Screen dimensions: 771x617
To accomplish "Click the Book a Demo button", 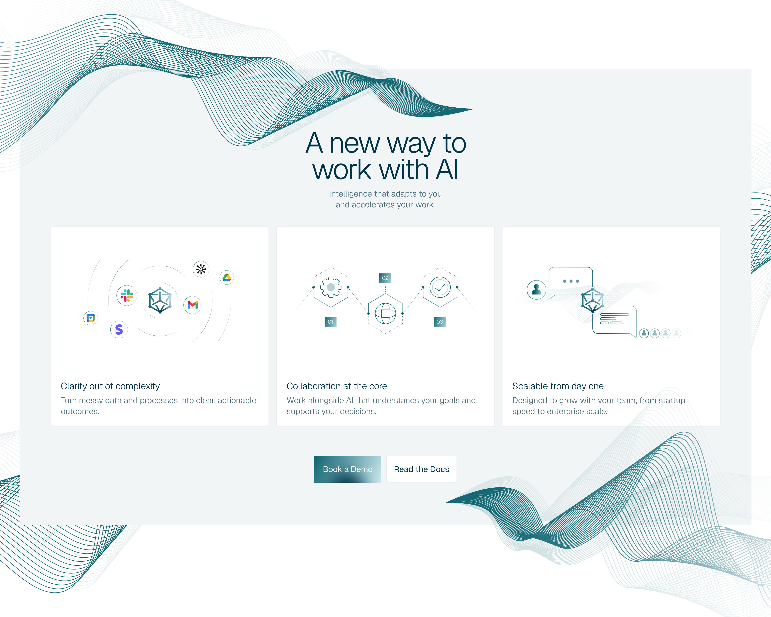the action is click(347, 469).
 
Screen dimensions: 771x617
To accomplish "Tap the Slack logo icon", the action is click(127, 295).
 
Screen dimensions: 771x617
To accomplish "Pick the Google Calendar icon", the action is click(91, 318).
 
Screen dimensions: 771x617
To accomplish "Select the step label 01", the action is click(331, 322).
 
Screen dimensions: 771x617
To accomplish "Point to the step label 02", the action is click(385, 278).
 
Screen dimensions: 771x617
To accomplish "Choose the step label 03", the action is click(440, 322).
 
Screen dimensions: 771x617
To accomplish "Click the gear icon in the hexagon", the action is click(331, 287).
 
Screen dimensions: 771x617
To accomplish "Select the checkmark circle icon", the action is click(440, 287).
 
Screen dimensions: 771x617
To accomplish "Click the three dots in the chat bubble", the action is click(571, 281).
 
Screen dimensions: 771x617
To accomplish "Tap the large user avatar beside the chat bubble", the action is click(536, 289).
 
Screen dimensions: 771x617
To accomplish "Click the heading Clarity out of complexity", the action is click(110, 386).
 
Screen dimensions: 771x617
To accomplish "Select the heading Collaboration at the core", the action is click(336, 386).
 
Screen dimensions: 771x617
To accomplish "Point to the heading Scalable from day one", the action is click(558, 386).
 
